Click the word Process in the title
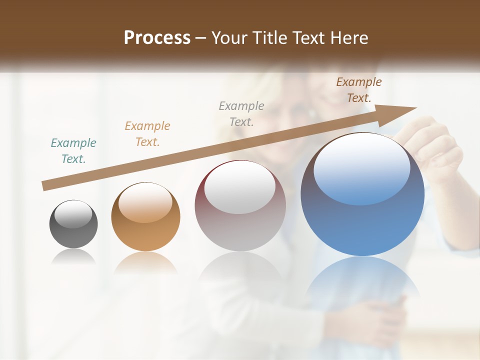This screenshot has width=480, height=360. (157, 37)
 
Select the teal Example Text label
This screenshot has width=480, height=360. (73, 151)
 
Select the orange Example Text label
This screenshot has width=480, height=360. (147, 134)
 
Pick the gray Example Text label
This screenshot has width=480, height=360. (241, 113)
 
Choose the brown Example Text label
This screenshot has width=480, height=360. (358, 90)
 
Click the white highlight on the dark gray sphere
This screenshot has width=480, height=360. (73, 214)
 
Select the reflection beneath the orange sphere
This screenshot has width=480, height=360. (145, 262)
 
